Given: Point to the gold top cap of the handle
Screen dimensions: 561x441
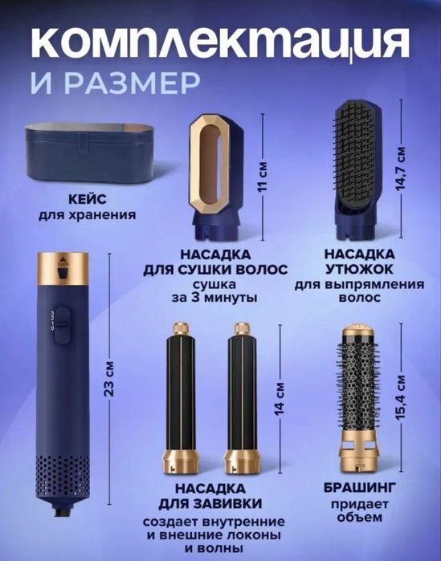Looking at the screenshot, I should [62, 263].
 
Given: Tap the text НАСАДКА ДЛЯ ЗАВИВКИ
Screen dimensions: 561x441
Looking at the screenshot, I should [209, 496].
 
